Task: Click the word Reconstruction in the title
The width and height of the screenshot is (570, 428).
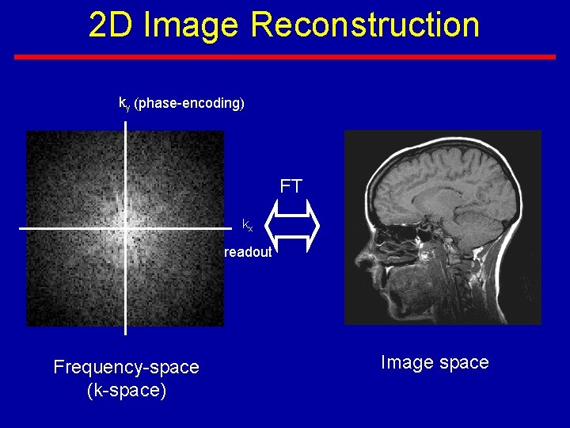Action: (x=365, y=25)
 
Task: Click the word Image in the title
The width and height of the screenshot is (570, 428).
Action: (x=192, y=25)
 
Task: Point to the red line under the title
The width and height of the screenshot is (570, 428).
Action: (x=285, y=57)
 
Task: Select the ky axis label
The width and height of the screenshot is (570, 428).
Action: (x=123, y=103)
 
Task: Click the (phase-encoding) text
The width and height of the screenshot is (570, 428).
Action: (x=189, y=103)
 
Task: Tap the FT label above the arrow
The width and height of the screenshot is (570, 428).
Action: (x=291, y=187)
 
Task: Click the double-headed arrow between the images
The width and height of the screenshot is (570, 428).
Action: (x=291, y=224)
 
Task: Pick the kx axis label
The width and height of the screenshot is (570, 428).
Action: (x=248, y=224)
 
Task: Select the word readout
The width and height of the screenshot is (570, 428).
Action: (x=248, y=252)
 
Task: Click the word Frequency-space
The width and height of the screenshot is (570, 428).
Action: (x=126, y=367)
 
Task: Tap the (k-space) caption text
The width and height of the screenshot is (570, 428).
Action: (x=126, y=391)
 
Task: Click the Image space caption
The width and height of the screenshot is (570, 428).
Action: (x=435, y=362)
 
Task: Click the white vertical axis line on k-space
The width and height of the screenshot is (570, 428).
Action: (x=126, y=159)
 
